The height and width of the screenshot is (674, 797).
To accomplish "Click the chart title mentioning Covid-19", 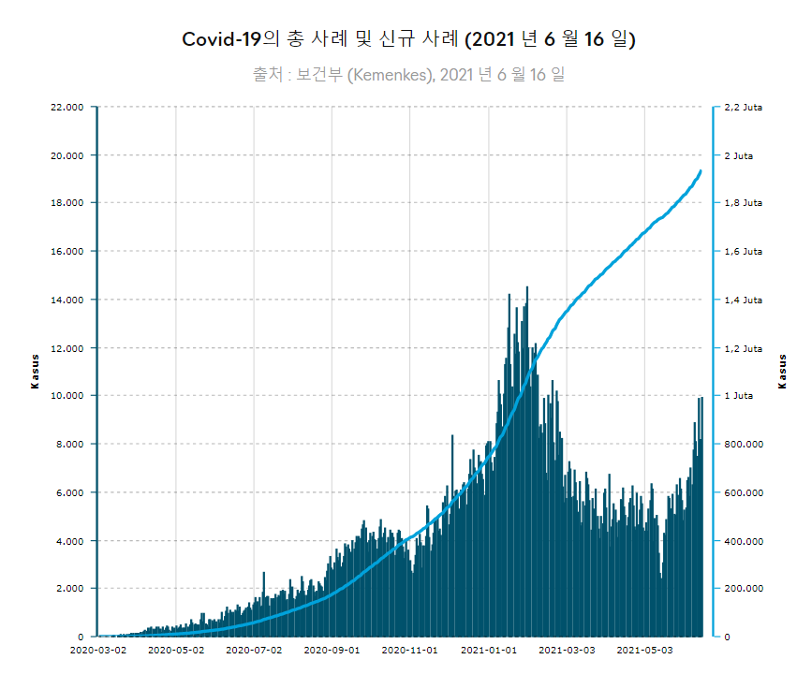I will tap(408, 39).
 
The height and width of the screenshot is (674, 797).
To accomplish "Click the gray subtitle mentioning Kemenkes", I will tap(408, 74).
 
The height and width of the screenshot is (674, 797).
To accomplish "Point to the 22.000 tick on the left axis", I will tap(67, 107).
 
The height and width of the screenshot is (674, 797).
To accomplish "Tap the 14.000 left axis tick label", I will tap(67, 300).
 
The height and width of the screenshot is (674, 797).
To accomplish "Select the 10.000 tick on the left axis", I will tap(67, 396).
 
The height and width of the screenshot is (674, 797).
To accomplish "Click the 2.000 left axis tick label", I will tap(70, 589).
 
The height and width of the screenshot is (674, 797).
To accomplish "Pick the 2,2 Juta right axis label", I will tap(744, 107).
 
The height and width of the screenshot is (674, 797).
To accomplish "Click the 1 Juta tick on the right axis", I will tap(739, 396).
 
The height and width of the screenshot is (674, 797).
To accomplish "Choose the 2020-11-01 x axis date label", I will tap(411, 648).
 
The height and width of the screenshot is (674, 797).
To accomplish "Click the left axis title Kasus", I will tap(35, 372).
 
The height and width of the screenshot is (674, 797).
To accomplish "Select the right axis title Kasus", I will tap(782, 372).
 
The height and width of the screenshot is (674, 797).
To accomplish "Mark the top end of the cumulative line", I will tap(701, 171).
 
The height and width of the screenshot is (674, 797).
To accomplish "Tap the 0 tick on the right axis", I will tap(728, 637).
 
